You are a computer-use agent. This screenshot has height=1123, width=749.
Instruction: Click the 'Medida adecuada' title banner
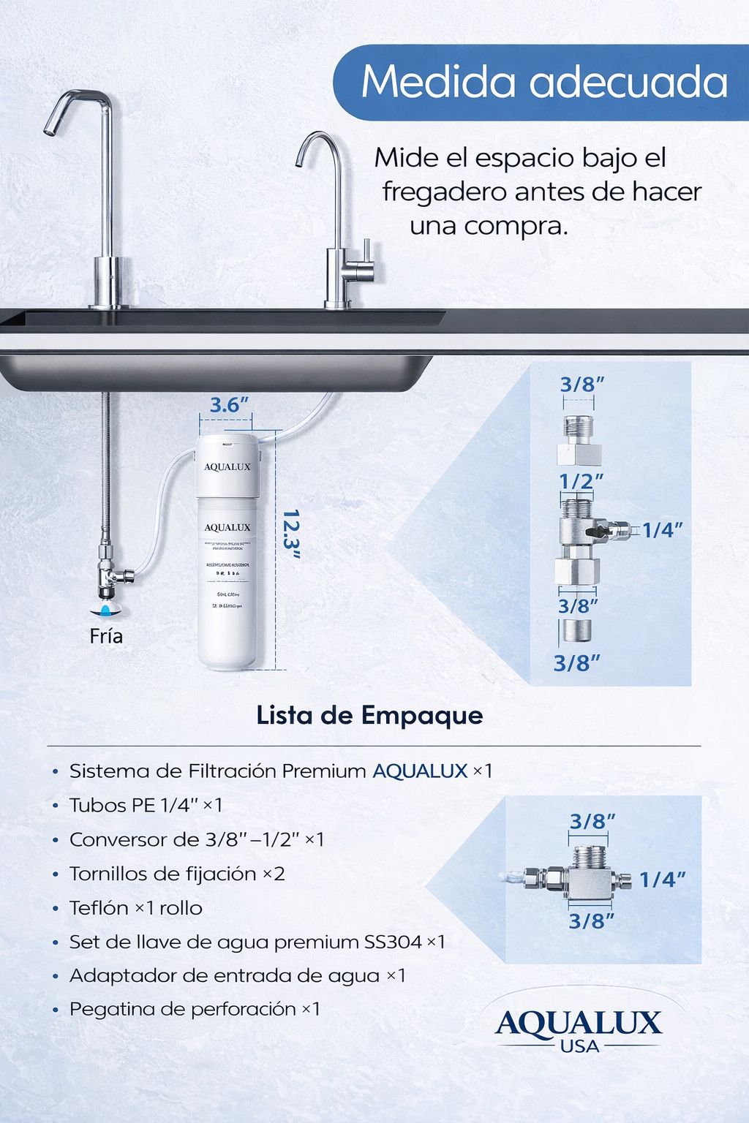543,82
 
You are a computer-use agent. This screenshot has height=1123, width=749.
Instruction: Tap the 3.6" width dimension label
229,405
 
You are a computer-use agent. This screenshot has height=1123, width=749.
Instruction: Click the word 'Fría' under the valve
106,636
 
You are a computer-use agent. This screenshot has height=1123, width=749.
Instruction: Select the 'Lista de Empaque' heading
369,715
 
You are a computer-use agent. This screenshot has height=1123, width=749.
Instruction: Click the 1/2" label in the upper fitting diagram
581,481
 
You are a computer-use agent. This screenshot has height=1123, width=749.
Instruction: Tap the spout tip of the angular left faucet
50,130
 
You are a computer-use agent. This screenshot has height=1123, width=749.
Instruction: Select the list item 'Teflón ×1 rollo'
135,908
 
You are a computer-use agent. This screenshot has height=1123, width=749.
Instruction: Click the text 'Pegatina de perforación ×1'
195,1009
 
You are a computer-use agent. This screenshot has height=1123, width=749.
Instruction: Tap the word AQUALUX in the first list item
420,771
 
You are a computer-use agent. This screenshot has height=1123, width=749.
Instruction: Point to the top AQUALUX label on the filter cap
227,466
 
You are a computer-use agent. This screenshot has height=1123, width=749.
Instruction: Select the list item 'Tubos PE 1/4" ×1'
146,805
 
